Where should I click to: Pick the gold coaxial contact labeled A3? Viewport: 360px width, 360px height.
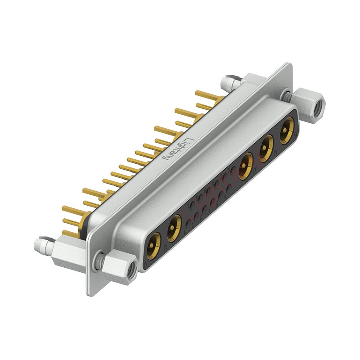pyautogui.click(x=245, y=166)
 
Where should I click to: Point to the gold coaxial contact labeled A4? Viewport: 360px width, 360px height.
pyautogui.click(x=266, y=148)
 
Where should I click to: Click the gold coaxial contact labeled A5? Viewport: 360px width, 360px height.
pyautogui.click(x=287, y=130)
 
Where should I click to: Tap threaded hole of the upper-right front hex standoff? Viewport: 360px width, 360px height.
pyautogui.click(x=319, y=106)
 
